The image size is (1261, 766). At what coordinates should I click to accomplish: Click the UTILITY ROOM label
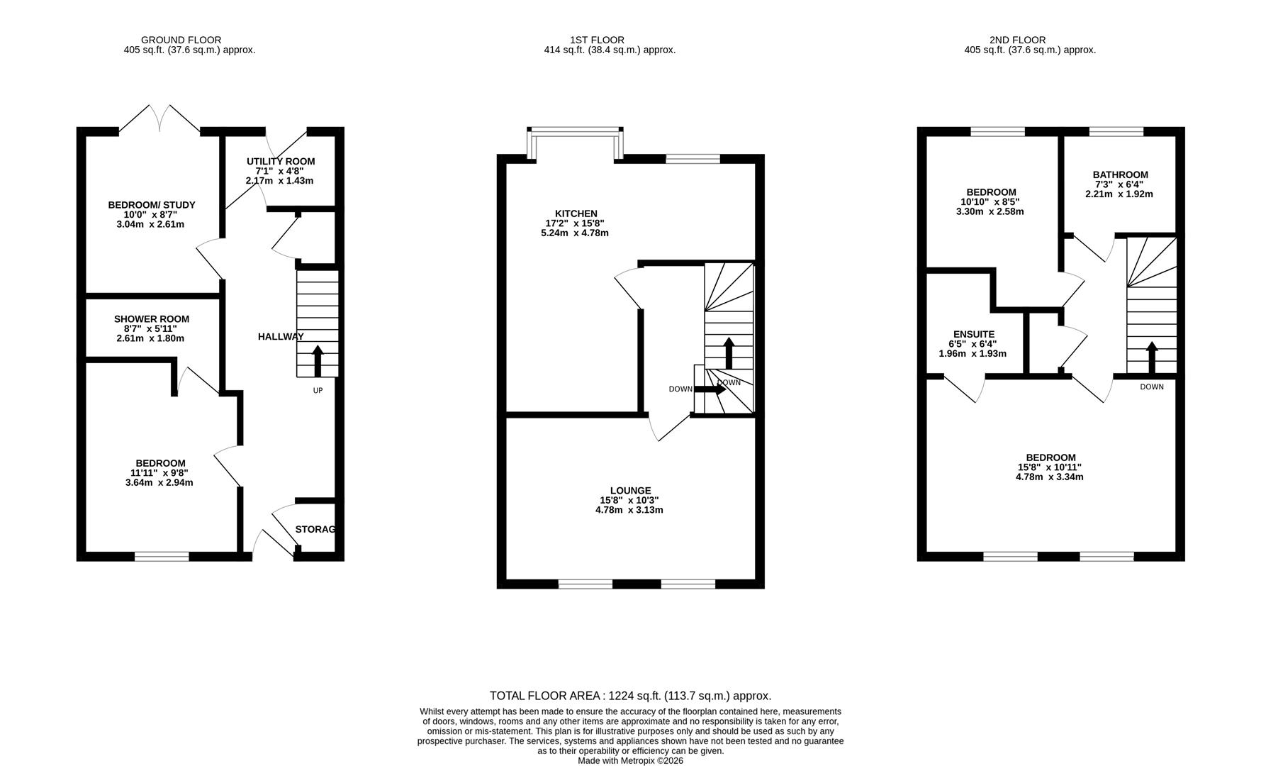pos(280,162)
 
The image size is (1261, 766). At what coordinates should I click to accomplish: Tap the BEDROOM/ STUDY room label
pos(151,205)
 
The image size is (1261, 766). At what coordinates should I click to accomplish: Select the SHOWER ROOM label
pos(151,319)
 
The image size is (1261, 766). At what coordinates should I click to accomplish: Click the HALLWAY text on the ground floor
pos(281,337)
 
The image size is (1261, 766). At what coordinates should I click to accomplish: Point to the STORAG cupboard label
pos(315,529)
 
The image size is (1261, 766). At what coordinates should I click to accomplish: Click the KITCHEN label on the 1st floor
pos(576,213)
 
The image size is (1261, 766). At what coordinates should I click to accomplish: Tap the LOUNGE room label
pos(630,491)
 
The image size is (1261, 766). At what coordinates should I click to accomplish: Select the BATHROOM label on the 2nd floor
pos(1120,174)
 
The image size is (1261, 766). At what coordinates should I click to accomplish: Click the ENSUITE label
pos(973,334)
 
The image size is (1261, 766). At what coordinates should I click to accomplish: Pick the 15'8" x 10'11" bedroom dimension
pos(1049,467)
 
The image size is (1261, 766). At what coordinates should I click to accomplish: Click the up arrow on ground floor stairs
pos(317,360)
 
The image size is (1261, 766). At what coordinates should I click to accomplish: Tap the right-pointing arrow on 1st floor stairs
pos(710,389)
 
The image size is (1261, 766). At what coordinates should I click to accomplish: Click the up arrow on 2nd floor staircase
pos(1152,357)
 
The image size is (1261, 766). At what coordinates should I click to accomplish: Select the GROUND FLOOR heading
pos(181,40)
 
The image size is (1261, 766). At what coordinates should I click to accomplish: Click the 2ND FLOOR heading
pos(1017,40)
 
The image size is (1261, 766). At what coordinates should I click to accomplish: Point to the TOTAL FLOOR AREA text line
pos(630,696)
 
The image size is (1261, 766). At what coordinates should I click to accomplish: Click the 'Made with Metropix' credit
pos(630,760)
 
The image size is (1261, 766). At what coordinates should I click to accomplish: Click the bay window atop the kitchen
pos(576,130)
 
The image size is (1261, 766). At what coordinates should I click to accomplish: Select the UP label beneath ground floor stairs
pos(318,390)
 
